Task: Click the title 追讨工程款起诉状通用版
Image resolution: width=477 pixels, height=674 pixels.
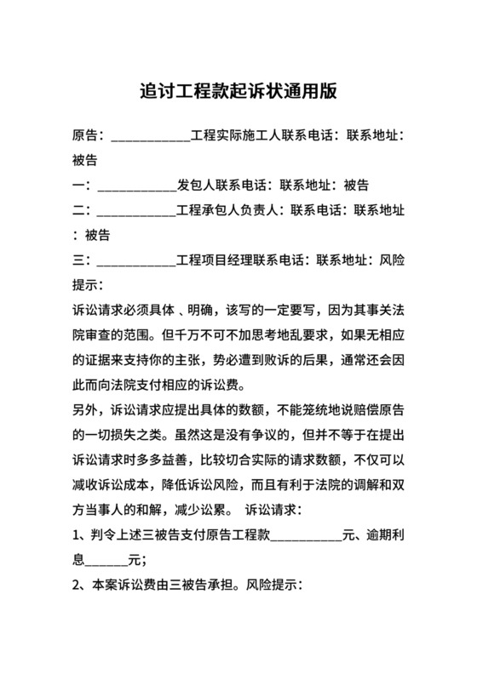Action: (x=238, y=91)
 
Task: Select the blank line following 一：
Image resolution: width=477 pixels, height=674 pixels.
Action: (x=136, y=184)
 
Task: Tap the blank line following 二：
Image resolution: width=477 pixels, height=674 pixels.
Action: (x=136, y=208)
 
